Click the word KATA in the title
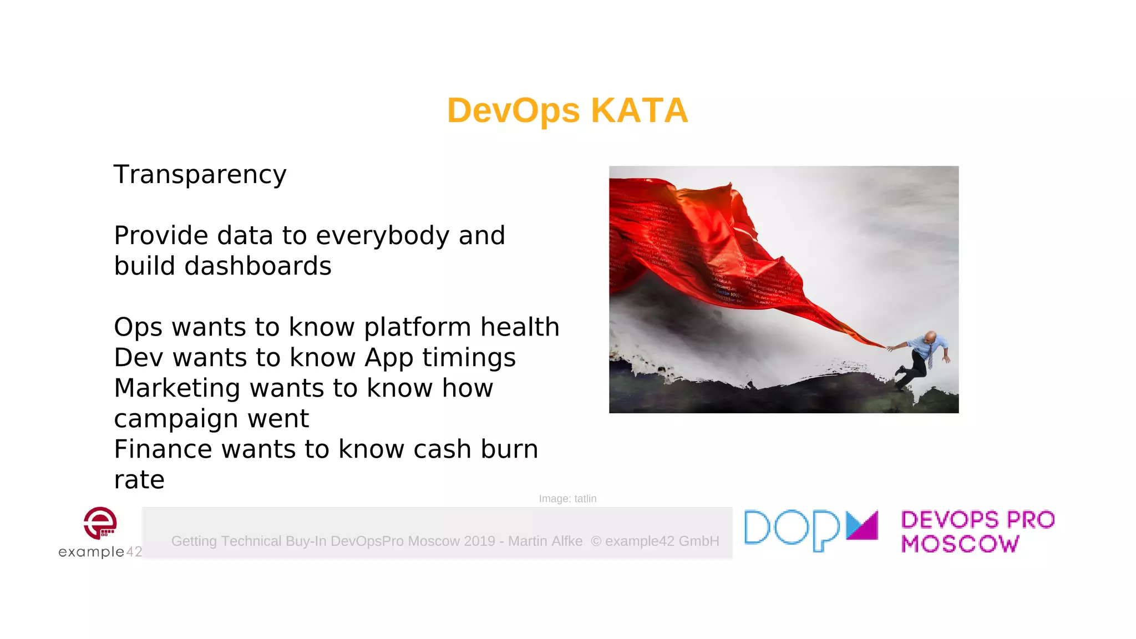coord(640,110)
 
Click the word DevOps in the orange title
coord(513,110)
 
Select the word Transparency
coord(200,175)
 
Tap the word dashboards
coord(257,266)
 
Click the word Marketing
coord(177,388)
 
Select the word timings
coord(469,358)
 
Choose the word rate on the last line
coord(139,480)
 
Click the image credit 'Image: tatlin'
coord(567,499)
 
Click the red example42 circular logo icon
coord(100,523)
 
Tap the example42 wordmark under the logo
coord(100,552)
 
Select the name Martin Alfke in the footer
coord(545,541)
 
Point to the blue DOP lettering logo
coord(792,530)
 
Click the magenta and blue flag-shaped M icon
coord(862,525)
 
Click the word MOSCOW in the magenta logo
coord(960,544)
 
